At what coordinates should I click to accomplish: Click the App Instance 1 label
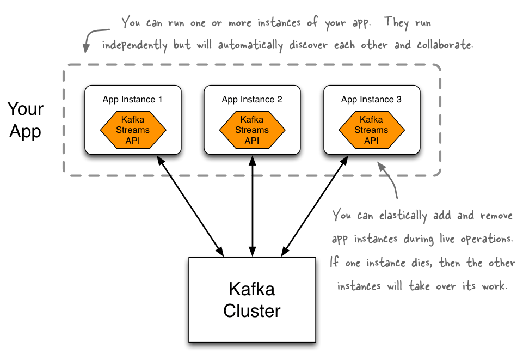point(132,100)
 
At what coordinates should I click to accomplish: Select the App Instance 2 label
point(252,100)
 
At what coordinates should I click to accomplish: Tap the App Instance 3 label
point(371,100)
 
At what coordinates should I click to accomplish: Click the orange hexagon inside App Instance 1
point(133,130)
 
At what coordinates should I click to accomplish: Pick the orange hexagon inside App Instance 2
point(252,130)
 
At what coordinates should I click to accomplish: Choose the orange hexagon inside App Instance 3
point(371,130)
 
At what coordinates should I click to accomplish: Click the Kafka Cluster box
point(251,300)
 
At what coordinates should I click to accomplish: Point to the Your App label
point(25,120)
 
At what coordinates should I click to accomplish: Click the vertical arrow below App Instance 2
point(252,205)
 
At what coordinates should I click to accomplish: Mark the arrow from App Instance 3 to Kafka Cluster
point(315,205)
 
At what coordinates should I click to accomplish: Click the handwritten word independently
point(134,45)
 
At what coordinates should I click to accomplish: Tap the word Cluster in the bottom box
point(251,311)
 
